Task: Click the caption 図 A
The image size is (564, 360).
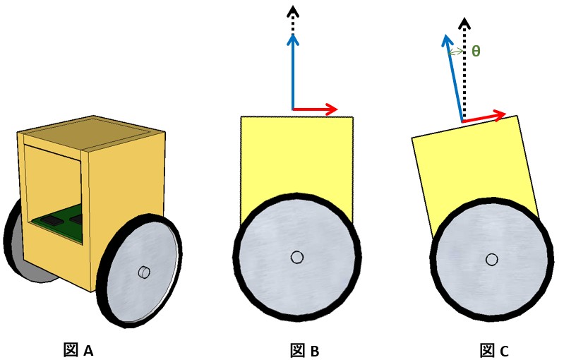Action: (x=78, y=349)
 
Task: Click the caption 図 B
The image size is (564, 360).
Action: (x=305, y=350)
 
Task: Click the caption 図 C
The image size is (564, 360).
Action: (x=494, y=350)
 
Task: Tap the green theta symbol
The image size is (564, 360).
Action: (x=476, y=52)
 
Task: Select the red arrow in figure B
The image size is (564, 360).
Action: (x=315, y=109)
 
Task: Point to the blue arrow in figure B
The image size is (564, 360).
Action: (x=292, y=71)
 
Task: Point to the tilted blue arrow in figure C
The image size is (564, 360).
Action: (x=453, y=78)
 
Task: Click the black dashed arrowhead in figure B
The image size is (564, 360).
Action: (x=292, y=11)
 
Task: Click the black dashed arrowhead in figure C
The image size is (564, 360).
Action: (x=464, y=23)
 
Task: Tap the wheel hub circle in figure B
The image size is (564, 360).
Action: (x=297, y=258)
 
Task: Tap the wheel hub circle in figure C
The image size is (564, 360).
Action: (x=491, y=260)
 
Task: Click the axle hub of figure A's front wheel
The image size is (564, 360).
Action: (x=143, y=271)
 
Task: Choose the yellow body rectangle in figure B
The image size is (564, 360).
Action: (x=296, y=155)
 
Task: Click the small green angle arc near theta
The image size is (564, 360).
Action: (x=455, y=51)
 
